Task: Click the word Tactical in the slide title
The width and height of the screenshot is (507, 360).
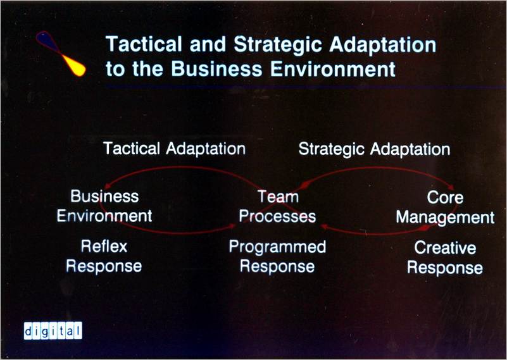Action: click(144, 44)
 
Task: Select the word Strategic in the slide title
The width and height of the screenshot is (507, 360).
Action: click(277, 45)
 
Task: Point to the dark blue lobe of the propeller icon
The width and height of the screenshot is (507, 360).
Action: click(48, 41)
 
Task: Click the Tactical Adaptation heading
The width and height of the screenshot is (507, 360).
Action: click(174, 149)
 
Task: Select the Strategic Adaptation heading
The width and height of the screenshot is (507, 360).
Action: click(375, 149)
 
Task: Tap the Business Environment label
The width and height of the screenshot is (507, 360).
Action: click(104, 206)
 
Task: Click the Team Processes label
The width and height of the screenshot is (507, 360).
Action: click(277, 206)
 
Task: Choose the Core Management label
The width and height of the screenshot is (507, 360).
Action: click(445, 208)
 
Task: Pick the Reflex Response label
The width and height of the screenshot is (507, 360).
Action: click(104, 256)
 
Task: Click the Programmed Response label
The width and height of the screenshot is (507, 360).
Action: click(277, 257)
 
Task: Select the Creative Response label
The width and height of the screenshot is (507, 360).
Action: click(445, 258)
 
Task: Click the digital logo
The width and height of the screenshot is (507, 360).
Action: click(53, 331)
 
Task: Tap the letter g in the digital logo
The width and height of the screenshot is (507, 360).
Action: click(44, 332)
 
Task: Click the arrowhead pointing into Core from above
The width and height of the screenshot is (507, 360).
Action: click(451, 187)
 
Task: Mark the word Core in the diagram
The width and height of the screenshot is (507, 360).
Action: click(445, 197)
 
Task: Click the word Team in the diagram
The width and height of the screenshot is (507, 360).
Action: click(278, 197)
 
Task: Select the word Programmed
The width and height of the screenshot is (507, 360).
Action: click(277, 247)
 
